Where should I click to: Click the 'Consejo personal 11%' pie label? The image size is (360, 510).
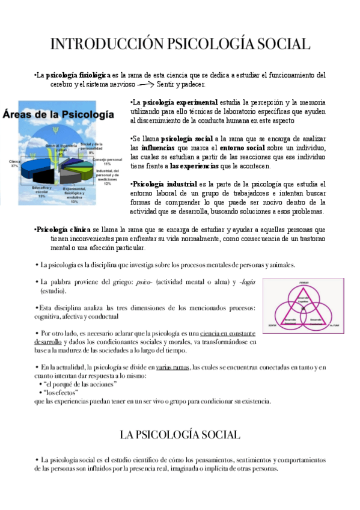pos(106,161)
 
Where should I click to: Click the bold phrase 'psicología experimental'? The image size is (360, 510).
pos(180,102)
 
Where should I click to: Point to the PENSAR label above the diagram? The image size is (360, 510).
pos(303,282)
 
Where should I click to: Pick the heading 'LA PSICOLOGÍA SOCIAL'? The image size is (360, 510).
pos(180,434)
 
